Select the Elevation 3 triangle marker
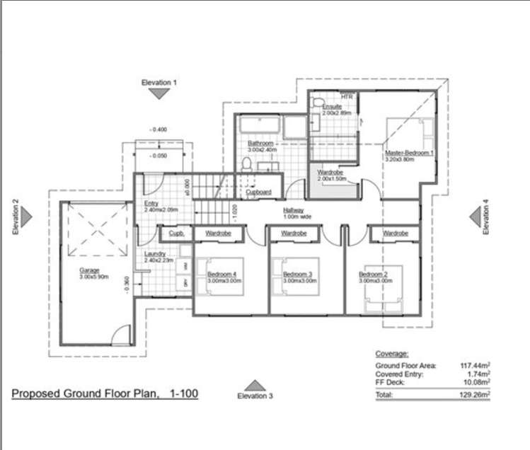click(254, 386)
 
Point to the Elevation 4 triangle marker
click(476, 217)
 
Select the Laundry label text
click(154, 254)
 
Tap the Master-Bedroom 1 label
click(409, 153)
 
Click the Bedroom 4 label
click(221, 275)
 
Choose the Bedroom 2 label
click(373, 275)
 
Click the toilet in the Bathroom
click(246, 164)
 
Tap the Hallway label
click(294, 210)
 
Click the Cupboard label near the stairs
click(258, 192)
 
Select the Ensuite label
click(332, 107)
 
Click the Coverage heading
click(391, 354)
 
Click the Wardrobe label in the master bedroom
click(330, 173)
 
